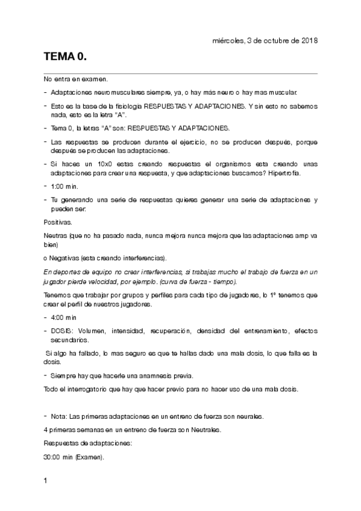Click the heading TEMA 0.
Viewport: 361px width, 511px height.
click(65, 57)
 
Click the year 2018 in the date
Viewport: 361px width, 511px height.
click(307, 40)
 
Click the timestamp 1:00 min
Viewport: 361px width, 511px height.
click(65, 186)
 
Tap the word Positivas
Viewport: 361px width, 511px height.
click(58, 222)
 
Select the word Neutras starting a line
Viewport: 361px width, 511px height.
click(56, 235)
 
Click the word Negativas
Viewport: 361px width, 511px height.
click(64, 257)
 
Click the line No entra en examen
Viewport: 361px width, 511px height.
click(76, 80)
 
